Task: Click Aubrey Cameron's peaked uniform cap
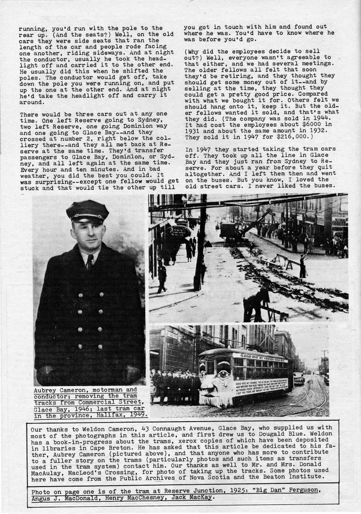[87, 212]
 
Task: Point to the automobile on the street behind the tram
[299, 378]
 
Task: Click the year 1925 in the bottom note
[208, 491]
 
